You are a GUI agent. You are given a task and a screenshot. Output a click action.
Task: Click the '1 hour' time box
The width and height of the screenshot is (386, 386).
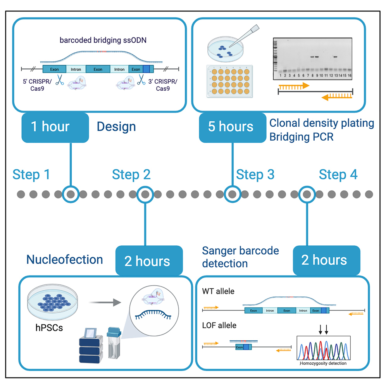[x=50, y=127]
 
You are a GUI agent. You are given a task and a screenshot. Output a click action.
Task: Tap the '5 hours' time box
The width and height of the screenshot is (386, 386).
[x=231, y=127]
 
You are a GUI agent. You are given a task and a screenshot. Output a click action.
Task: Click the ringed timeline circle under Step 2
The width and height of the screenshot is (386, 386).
[x=145, y=194]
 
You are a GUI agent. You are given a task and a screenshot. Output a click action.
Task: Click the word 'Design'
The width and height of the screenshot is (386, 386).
[x=116, y=127]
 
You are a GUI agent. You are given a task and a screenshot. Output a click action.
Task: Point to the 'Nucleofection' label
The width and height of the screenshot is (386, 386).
[x=64, y=259]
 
